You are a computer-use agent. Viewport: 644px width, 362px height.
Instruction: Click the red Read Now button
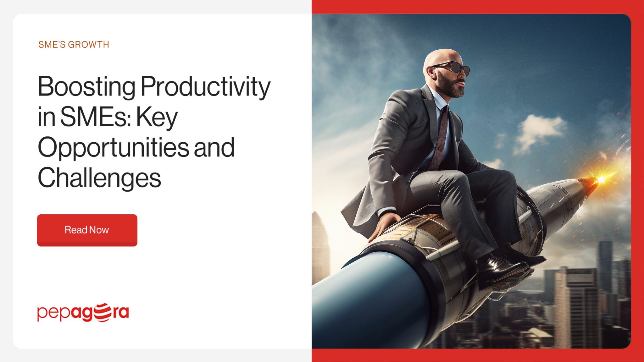click(x=87, y=230)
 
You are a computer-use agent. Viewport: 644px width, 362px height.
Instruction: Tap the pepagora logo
click(x=83, y=312)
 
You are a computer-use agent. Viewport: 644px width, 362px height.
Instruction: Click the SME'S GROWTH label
click(x=74, y=45)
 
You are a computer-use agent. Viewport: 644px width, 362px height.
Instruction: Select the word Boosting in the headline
click(x=86, y=87)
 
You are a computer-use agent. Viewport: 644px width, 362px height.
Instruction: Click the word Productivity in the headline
click(x=205, y=87)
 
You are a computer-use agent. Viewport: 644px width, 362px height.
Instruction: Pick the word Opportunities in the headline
click(x=113, y=147)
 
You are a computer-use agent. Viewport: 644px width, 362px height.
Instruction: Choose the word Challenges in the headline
click(x=99, y=178)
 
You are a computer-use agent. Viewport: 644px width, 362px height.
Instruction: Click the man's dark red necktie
click(x=440, y=138)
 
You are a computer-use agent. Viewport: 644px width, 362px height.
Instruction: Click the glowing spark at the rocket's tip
click(x=601, y=179)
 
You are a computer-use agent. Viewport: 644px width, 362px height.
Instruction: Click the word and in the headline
click(x=214, y=147)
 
